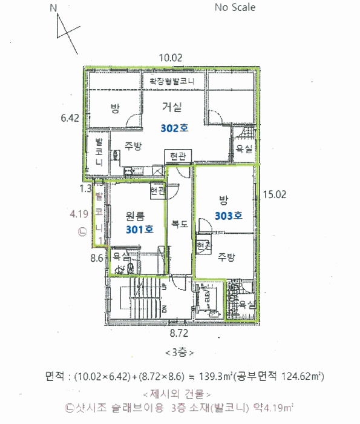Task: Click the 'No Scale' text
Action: point(235,8)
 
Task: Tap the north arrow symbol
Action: point(65,27)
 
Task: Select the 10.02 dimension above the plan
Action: point(171,58)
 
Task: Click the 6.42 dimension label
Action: point(70,119)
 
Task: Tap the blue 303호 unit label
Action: point(229,215)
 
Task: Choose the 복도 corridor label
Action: point(180,224)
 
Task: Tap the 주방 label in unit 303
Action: point(226,256)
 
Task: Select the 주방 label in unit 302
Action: point(133,146)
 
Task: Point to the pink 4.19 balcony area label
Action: point(79,213)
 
